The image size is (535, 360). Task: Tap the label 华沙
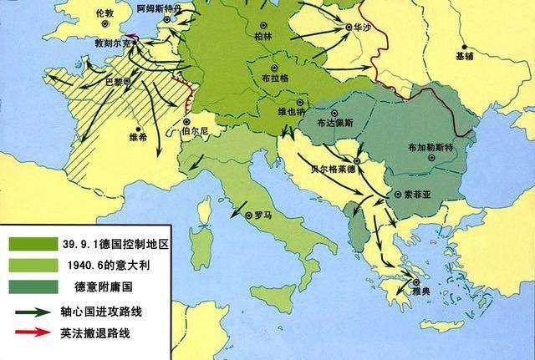pos(361,27)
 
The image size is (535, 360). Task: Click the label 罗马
pos(263,215)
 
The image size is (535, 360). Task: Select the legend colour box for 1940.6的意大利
pos(31,266)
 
